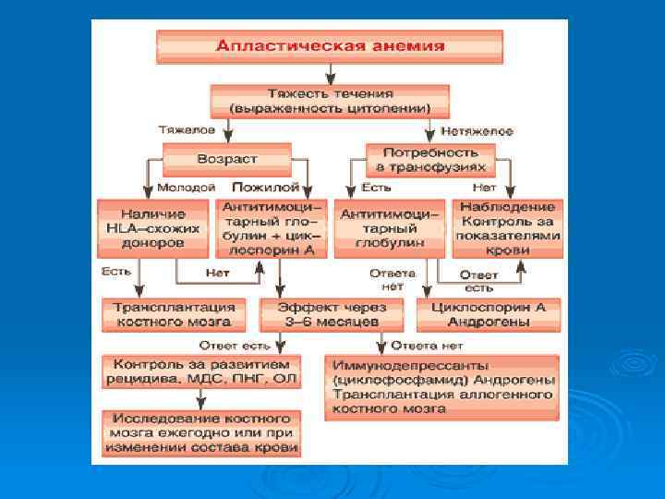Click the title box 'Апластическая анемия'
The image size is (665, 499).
click(x=330, y=46)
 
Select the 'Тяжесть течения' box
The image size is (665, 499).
click(x=330, y=101)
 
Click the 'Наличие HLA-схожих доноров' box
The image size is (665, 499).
click(x=152, y=227)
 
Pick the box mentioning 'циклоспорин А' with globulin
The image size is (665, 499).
click(x=268, y=227)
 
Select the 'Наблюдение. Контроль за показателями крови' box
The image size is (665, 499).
click(x=507, y=228)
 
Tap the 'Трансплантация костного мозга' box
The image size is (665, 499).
click(x=173, y=314)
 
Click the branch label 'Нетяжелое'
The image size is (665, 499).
click(x=477, y=131)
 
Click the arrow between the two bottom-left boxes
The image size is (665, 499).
click(x=200, y=397)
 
